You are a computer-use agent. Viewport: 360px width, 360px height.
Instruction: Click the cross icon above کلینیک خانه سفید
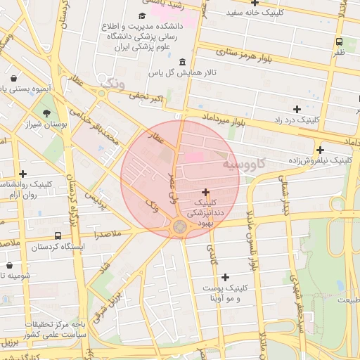tap(255, 2)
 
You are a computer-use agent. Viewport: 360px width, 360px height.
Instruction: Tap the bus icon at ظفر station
tap(340, 41)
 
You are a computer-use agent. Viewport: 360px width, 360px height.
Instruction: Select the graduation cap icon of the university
tap(142, 16)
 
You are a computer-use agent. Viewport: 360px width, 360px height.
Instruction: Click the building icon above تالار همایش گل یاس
tap(183, 62)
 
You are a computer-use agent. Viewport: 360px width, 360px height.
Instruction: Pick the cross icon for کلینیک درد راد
tap(297, 109)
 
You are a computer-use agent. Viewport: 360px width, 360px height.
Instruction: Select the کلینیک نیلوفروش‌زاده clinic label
tap(321, 161)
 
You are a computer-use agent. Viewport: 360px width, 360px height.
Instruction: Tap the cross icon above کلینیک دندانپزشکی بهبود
tap(205, 192)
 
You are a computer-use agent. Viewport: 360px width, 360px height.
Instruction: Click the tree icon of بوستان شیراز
tap(46, 112)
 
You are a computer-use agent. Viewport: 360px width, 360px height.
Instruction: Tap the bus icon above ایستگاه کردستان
tap(57, 236)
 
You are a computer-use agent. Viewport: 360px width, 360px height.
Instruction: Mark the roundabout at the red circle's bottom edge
tap(180, 226)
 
